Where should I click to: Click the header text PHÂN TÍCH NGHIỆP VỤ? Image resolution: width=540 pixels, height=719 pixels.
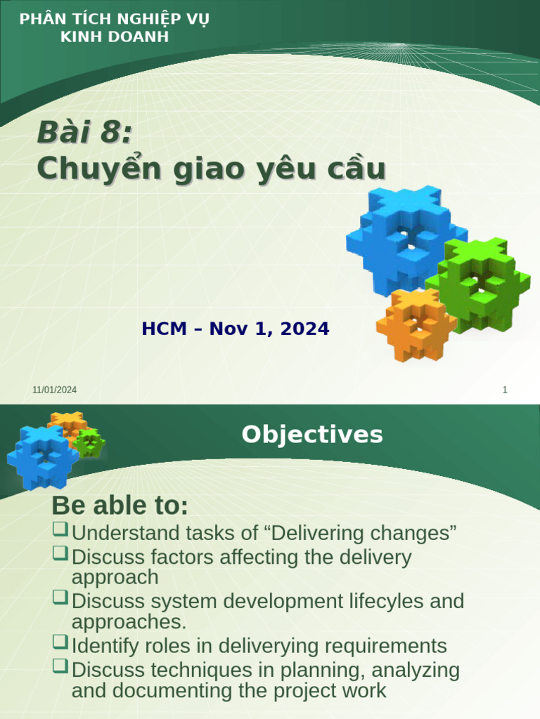point(114,19)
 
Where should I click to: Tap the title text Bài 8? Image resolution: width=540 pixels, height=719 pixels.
point(84,133)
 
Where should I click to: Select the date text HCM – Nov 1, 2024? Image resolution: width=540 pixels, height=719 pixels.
point(236,329)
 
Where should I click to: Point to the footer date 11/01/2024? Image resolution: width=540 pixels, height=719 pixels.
point(54,390)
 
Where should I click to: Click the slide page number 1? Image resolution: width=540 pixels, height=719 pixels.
point(505,390)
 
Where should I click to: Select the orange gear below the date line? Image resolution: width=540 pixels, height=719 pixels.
point(416,324)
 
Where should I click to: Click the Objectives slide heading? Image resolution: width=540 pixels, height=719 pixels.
point(312,435)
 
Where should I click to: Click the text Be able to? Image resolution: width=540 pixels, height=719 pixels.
point(120,506)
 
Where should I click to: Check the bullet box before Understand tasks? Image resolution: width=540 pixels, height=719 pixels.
point(60,528)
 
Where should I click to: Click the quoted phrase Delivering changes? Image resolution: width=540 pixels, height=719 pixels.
point(360,533)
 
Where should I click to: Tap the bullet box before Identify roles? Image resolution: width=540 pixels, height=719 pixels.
point(60,641)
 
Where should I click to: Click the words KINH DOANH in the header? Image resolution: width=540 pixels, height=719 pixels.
point(114,37)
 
